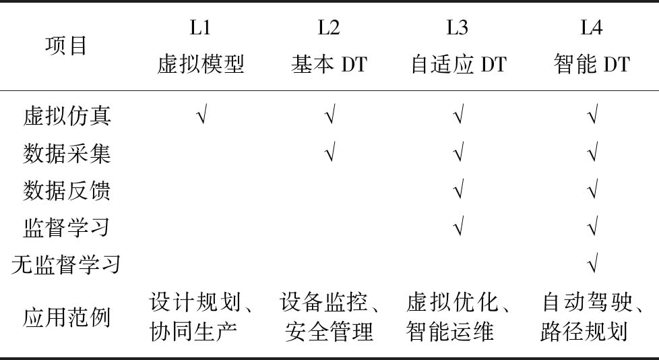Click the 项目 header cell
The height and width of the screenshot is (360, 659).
coord(66,45)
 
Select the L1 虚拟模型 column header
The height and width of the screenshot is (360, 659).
coord(201,47)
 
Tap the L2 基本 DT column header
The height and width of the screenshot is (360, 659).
coord(329,47)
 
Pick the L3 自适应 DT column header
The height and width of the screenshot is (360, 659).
coord(458,47)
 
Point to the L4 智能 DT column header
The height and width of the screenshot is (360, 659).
coord(592,47)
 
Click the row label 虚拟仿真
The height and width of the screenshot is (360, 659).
coord(67,116)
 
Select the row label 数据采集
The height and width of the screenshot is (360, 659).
coord(67,153)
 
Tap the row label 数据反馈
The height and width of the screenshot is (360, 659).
coord(67,190)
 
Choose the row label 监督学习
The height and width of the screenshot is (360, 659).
coord(67,227)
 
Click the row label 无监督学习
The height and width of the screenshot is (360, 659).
coord(66,264)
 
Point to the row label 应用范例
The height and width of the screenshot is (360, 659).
coord(67,317)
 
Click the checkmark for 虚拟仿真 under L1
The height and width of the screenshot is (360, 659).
coord(201,115)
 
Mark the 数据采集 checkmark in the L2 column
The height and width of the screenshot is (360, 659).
coord(331,152)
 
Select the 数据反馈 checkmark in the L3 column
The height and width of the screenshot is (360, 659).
coord(459,189)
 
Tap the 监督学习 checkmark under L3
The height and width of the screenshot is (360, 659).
coord(459,226)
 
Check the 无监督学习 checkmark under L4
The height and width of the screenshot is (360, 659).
coord(592,264)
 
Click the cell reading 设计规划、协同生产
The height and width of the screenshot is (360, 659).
coord(201,317)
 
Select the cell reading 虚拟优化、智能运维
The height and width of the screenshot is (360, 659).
coord(459,317)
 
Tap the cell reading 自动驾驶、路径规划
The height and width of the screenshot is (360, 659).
coord(592,317)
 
